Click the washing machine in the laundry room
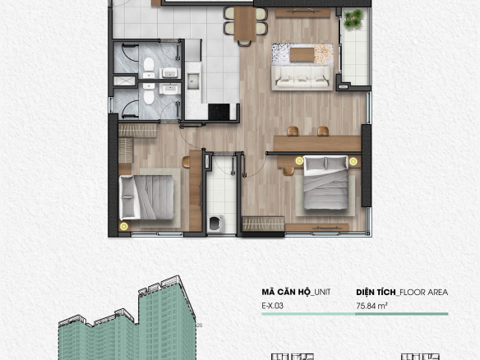[215, 224]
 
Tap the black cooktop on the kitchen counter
[219, 112]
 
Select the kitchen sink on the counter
[193, 81]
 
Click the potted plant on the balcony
[354, 19]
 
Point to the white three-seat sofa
[302, 78]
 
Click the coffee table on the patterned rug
[302, 55]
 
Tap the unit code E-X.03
[272, 306]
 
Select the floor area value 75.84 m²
[372, 306]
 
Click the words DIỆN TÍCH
[376, 292]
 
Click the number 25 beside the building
[199, 325]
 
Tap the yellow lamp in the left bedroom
[123, 227]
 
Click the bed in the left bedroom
[146, 197]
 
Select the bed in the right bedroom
[325, 182]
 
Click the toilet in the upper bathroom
[149, 67]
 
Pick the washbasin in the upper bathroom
[169, 73]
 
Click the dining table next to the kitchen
[245, 24]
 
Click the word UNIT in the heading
[322, 292]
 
